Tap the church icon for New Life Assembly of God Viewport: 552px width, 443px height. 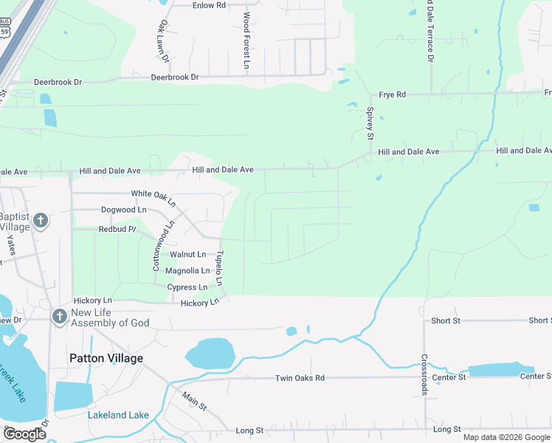59,317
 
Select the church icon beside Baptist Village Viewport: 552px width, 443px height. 41,221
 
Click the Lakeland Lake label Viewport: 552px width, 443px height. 118,415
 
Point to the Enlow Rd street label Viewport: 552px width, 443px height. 208,5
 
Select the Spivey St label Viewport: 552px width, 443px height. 370,123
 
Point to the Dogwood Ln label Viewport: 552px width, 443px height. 123,210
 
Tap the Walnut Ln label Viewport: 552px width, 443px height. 187,254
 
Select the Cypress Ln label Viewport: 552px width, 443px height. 187,287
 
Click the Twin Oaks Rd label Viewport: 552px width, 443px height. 300,378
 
